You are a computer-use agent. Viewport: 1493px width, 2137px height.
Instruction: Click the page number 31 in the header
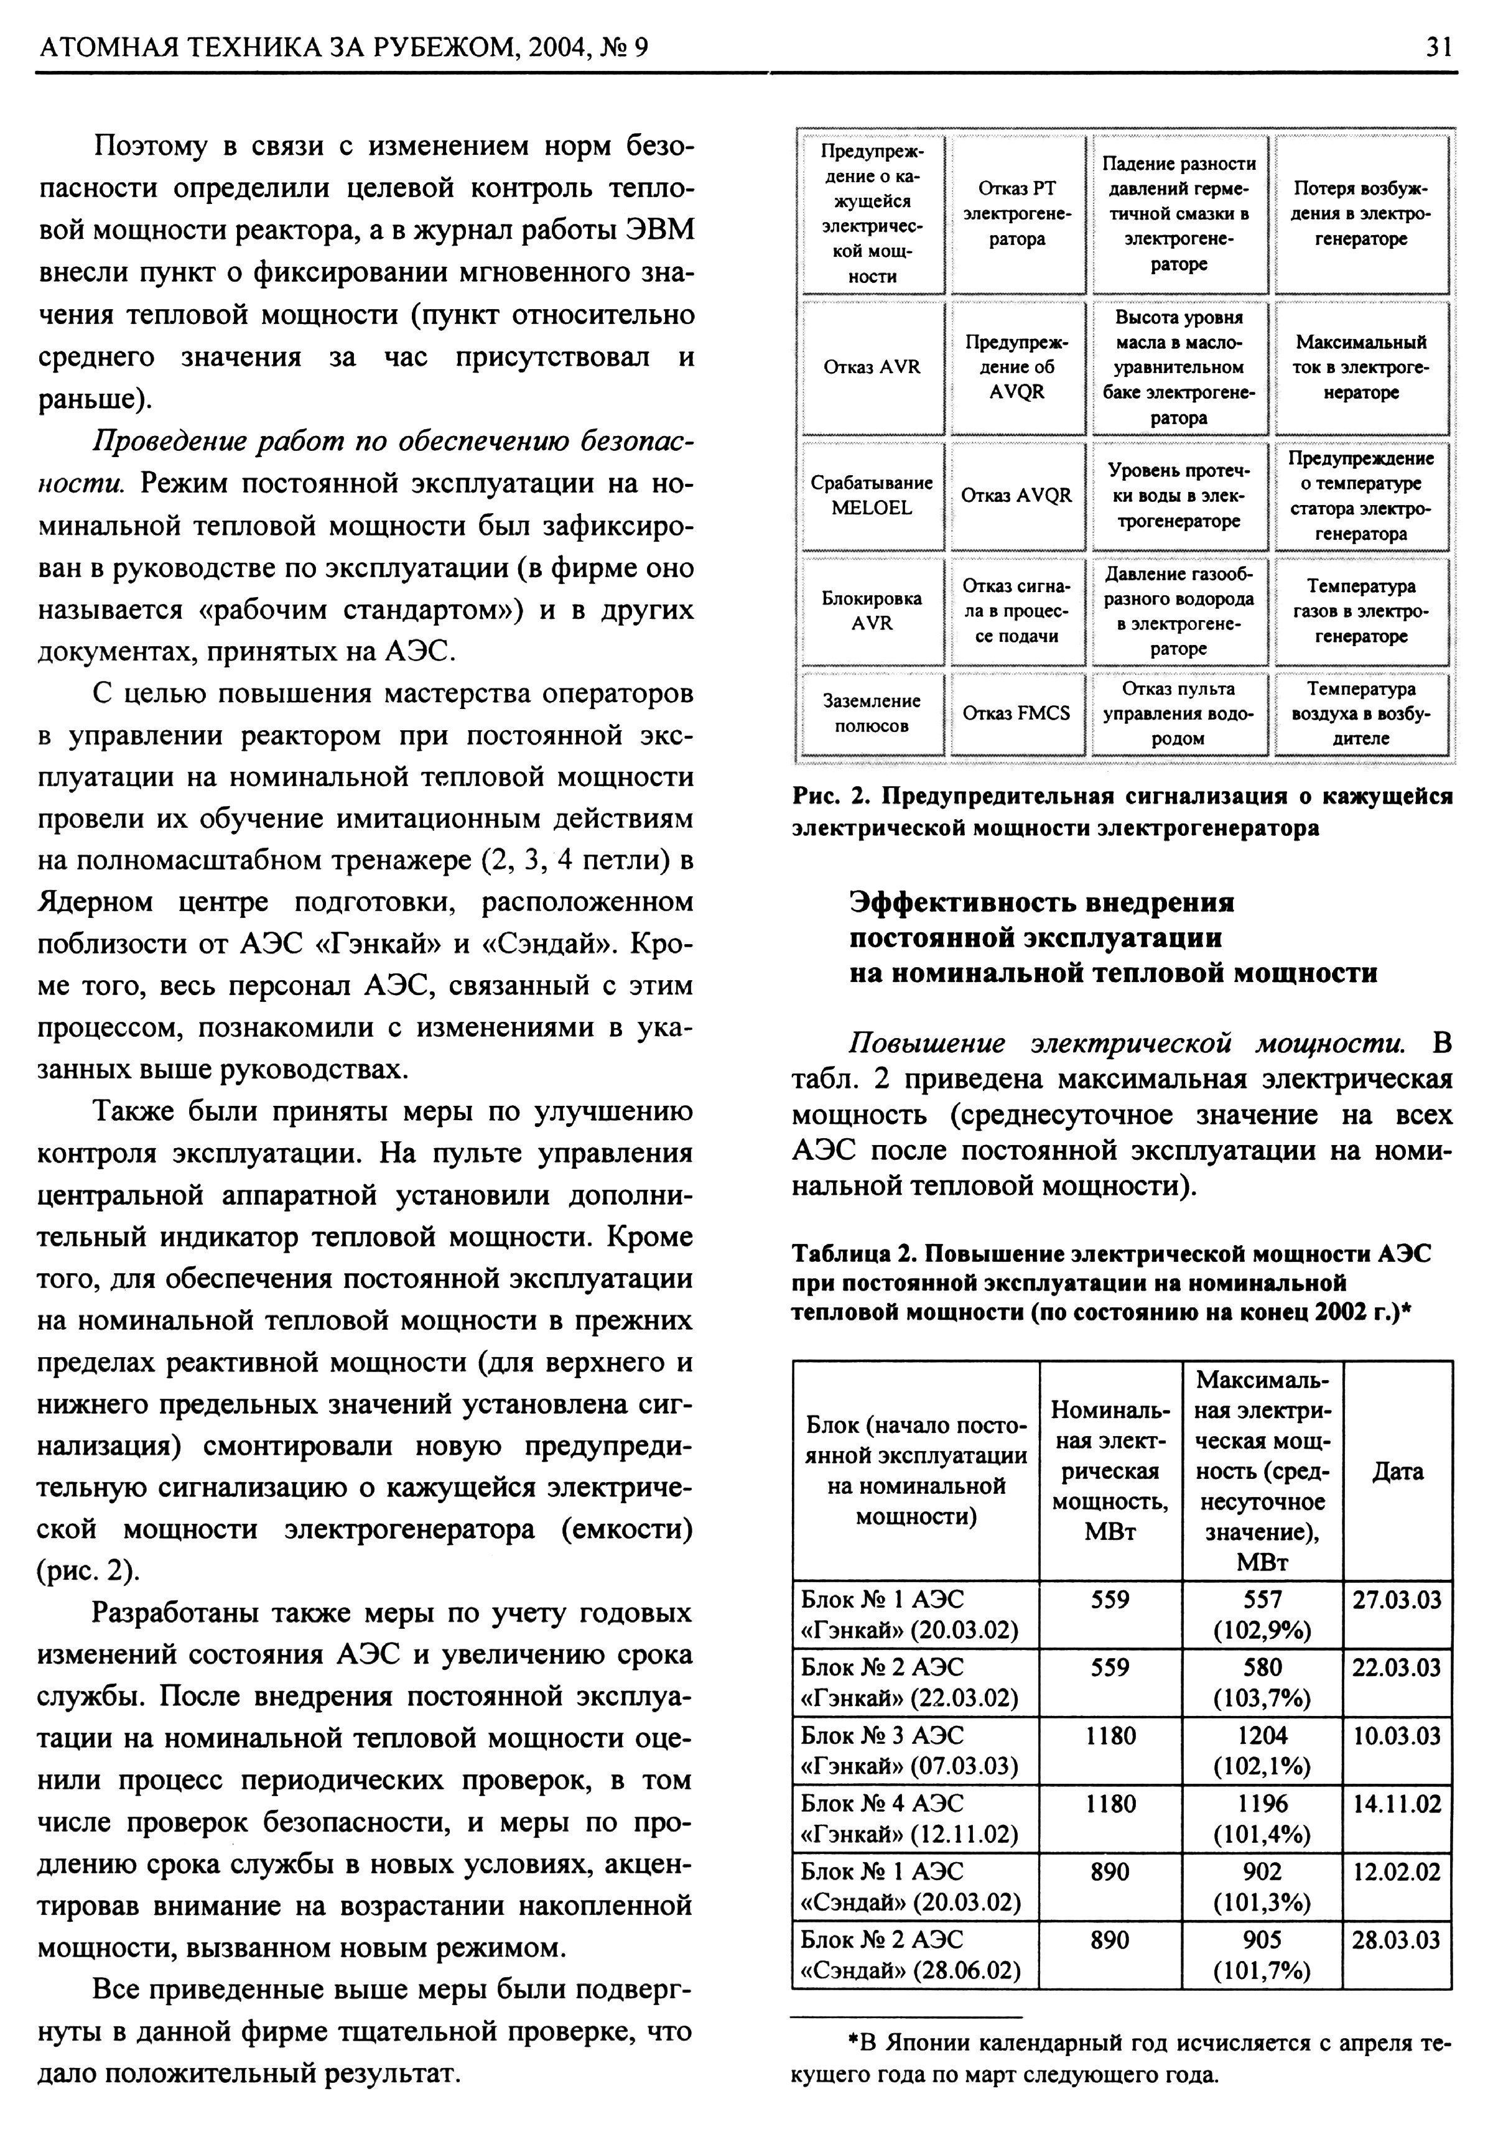[1438, 47]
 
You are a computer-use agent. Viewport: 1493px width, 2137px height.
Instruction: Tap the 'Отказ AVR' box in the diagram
[872, 368]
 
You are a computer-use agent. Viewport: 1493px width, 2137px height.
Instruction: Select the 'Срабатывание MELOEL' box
[872, 495]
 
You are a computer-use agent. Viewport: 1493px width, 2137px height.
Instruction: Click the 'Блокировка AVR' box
[872, 611]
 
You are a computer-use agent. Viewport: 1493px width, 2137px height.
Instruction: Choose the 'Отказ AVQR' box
[1016, 495]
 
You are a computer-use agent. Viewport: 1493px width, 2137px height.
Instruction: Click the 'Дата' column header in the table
[1397, 1472]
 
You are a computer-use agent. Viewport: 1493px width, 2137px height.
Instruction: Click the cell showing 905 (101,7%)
[1262, 1955]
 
